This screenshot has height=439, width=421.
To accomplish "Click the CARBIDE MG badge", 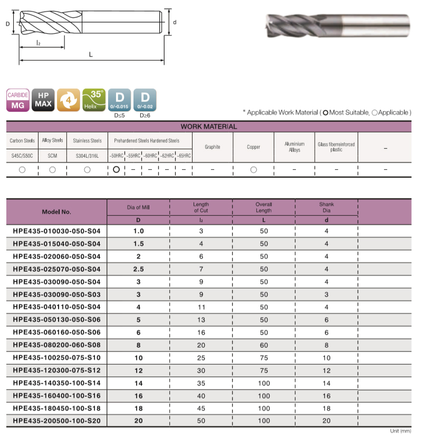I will pyautogui.click(x=17, y=100).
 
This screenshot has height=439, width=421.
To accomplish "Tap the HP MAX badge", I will pyautogui.click(x=43, y=100).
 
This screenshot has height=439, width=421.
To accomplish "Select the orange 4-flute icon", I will pyautogui.click(x=68, y=100).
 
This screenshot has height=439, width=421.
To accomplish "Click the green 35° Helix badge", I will pyautogui.click(x=93, y=100).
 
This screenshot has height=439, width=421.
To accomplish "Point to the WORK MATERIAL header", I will pyautogui.click(x=208, y=127).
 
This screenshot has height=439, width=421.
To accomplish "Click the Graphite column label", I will pyautogui.click(x=212, y=147).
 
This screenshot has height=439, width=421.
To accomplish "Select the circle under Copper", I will pyautogui.click(x=254, y=170).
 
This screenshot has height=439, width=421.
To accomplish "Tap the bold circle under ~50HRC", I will pyautogui.click(x=116, y=169).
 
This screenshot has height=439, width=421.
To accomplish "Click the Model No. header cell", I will pyautogui.click(x=56, y=212).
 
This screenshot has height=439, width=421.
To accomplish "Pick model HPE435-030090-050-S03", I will pyautogui.click(x=56, y=294).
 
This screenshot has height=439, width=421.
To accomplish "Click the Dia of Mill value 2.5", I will pyautogui.click(x=138, y=269).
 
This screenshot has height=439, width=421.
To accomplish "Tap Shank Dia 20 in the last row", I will pyautogui.click(x=327, y=421).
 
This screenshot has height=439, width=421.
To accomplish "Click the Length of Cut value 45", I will pyautogui.click(x=201, y=408).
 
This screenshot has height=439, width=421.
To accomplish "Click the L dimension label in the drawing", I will pyautogui.click(x=91, y=55).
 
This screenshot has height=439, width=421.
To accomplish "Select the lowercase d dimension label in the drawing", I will pyautogui.click(x=174, y=22).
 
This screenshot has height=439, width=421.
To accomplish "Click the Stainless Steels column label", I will pyautogui.click(x=88, y=141).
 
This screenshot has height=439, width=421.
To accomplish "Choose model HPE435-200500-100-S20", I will pyautogui.click(x=56, y=421).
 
